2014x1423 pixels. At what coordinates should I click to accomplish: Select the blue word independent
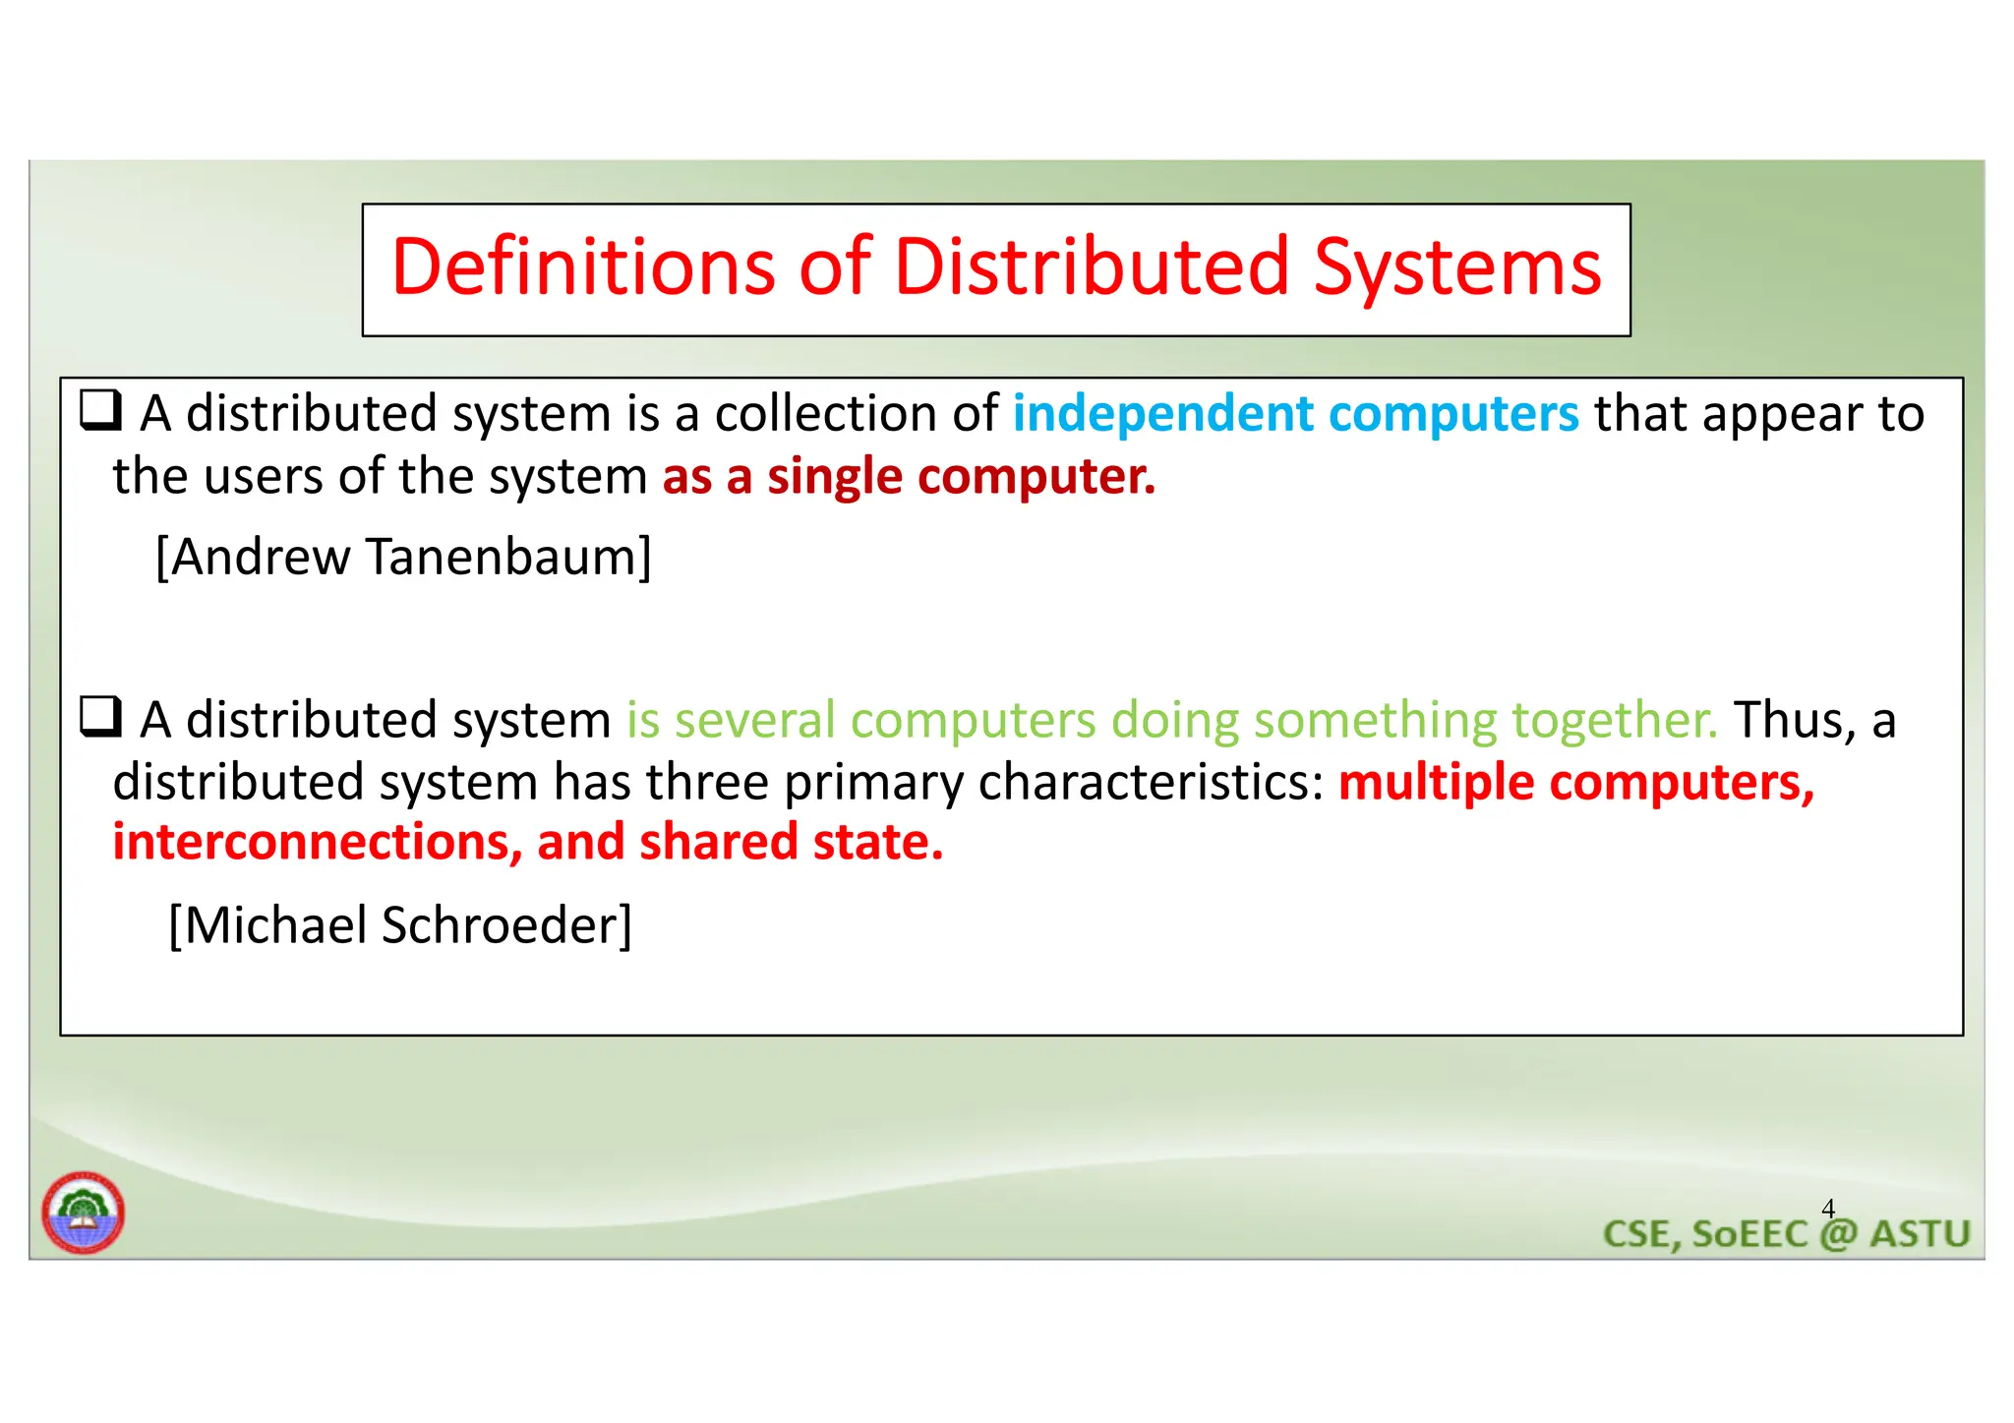[1162, 414]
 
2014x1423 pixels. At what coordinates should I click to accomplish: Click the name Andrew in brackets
[260, 558]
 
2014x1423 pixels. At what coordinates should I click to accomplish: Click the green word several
[755, 721]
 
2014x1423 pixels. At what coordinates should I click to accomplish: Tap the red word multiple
[1436, 783]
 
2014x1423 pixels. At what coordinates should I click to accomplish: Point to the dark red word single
[834, 477]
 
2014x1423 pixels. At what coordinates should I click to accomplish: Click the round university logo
[84, 1213]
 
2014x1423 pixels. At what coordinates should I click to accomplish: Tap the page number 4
[1828, 1208]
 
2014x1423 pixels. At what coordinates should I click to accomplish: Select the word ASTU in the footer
[1920, 1234]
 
